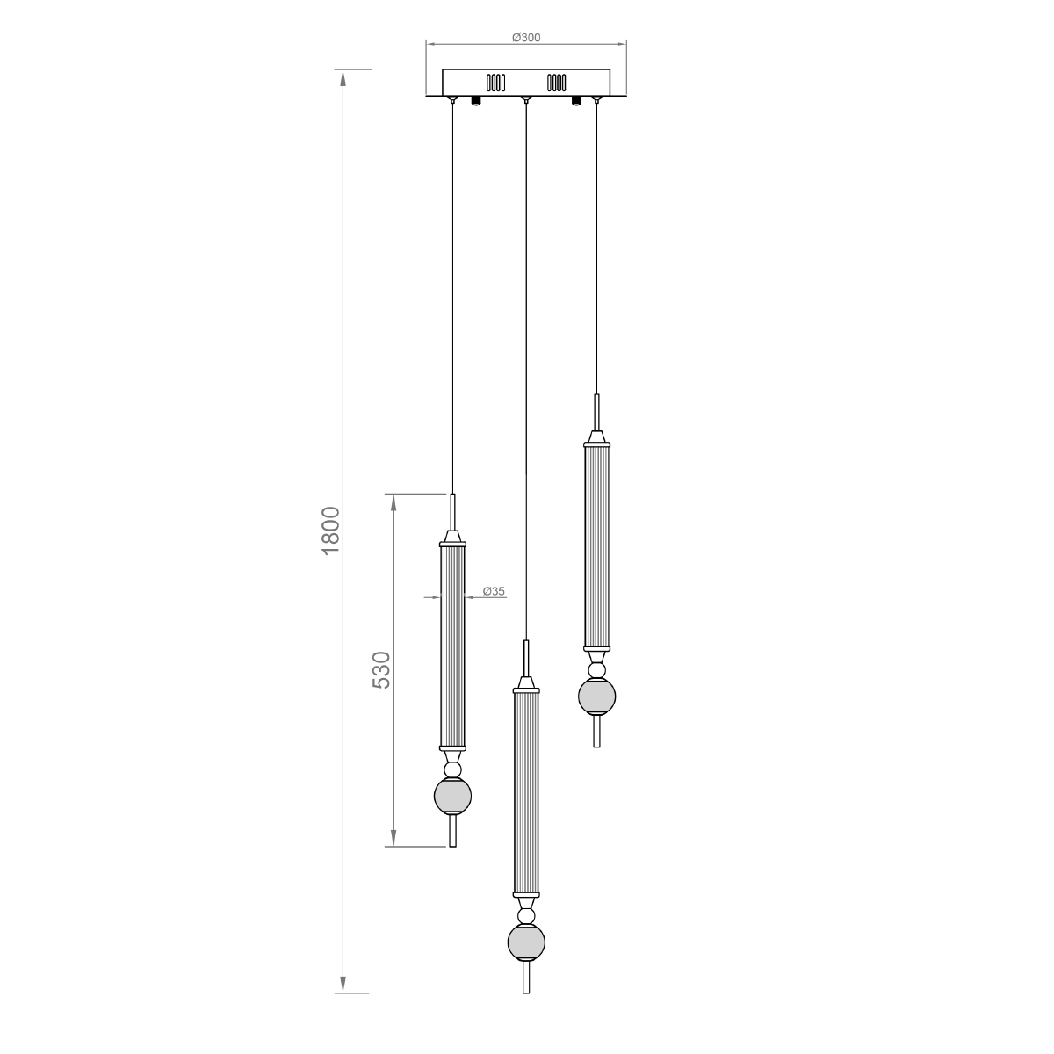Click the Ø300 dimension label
tap(526, 37)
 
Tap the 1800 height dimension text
tap(331, 531)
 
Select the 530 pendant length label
tap(381, 670)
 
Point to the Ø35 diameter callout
tap(494, 591)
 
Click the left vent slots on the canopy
tap(495, 83)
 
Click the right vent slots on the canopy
tap(556, 83)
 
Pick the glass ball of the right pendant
tap(596, 697)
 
